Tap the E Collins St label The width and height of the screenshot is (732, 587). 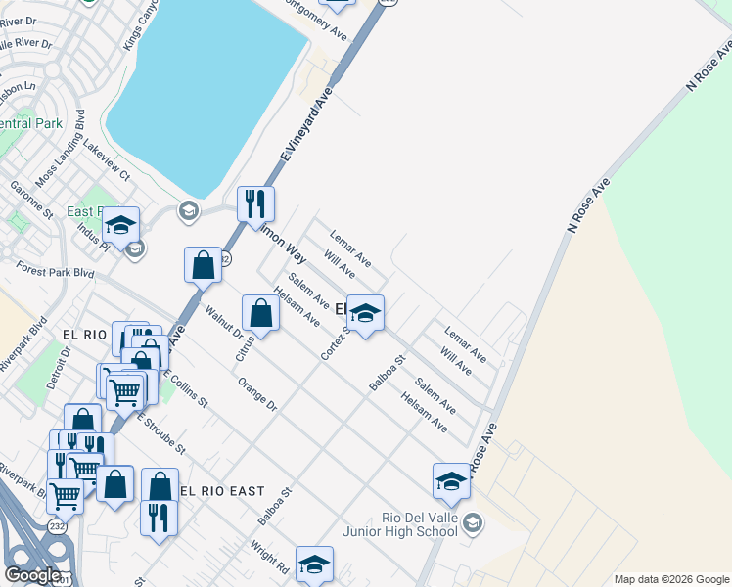(185, 387)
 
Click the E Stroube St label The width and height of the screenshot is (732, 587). (160, 433)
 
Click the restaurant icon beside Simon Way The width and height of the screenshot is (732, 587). (255, 203)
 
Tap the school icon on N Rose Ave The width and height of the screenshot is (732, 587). (451, 481)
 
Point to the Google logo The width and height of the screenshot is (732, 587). (32, 575)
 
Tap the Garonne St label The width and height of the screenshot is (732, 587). (32, 199)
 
